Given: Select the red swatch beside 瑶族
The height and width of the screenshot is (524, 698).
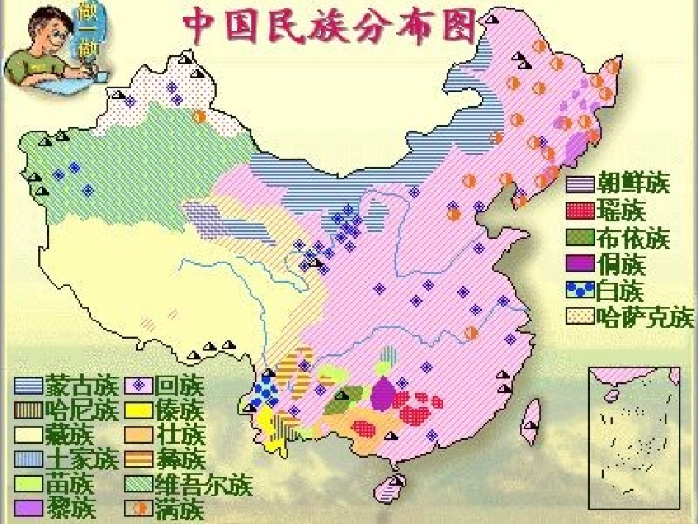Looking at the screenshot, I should click(x=580, y=212).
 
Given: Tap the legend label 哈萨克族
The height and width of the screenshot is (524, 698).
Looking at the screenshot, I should click(x=645, y=317).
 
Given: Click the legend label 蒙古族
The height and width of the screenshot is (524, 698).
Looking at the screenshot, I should click(x=82, y=385).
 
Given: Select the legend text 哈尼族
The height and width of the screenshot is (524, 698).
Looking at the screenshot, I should click(x=82, y=409).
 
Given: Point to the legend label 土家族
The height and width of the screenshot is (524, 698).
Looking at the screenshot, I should click(x=82, y=459).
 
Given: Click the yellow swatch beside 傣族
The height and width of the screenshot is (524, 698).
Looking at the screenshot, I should click(x=140, y=410).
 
